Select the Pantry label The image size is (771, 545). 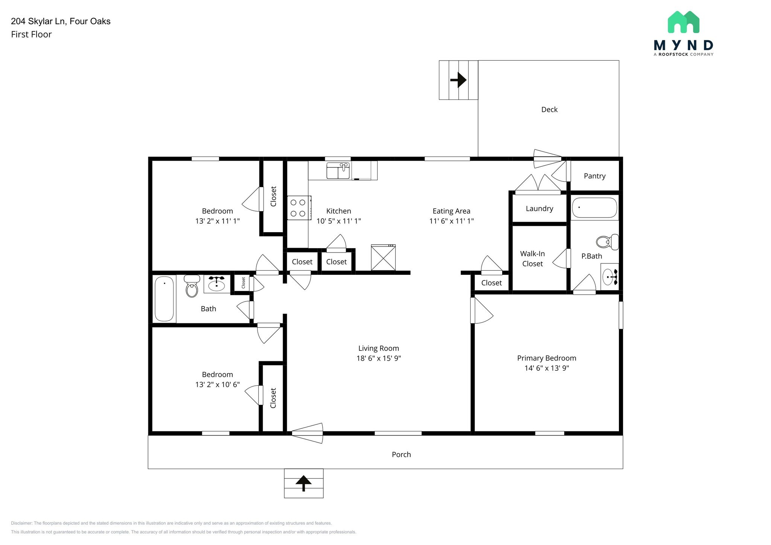point(594,176)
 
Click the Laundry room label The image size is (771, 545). point(539,209)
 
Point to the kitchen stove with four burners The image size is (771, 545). point(298,208)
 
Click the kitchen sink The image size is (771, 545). point(338,171)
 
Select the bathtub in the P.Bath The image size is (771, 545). point(594,208)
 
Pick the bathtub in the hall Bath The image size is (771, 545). point(165,298)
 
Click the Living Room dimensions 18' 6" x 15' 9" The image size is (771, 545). point(378,358)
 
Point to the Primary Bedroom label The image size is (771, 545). point(546,358)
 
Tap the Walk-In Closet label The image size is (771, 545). point(532,259)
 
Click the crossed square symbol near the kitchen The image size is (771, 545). point(383,258)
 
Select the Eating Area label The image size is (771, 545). point(451,211)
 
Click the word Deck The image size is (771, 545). point(549,110)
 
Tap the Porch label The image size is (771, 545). point(401,454)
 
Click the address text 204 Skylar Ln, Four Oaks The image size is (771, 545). point(61,21)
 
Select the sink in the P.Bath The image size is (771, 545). point(609,277)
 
